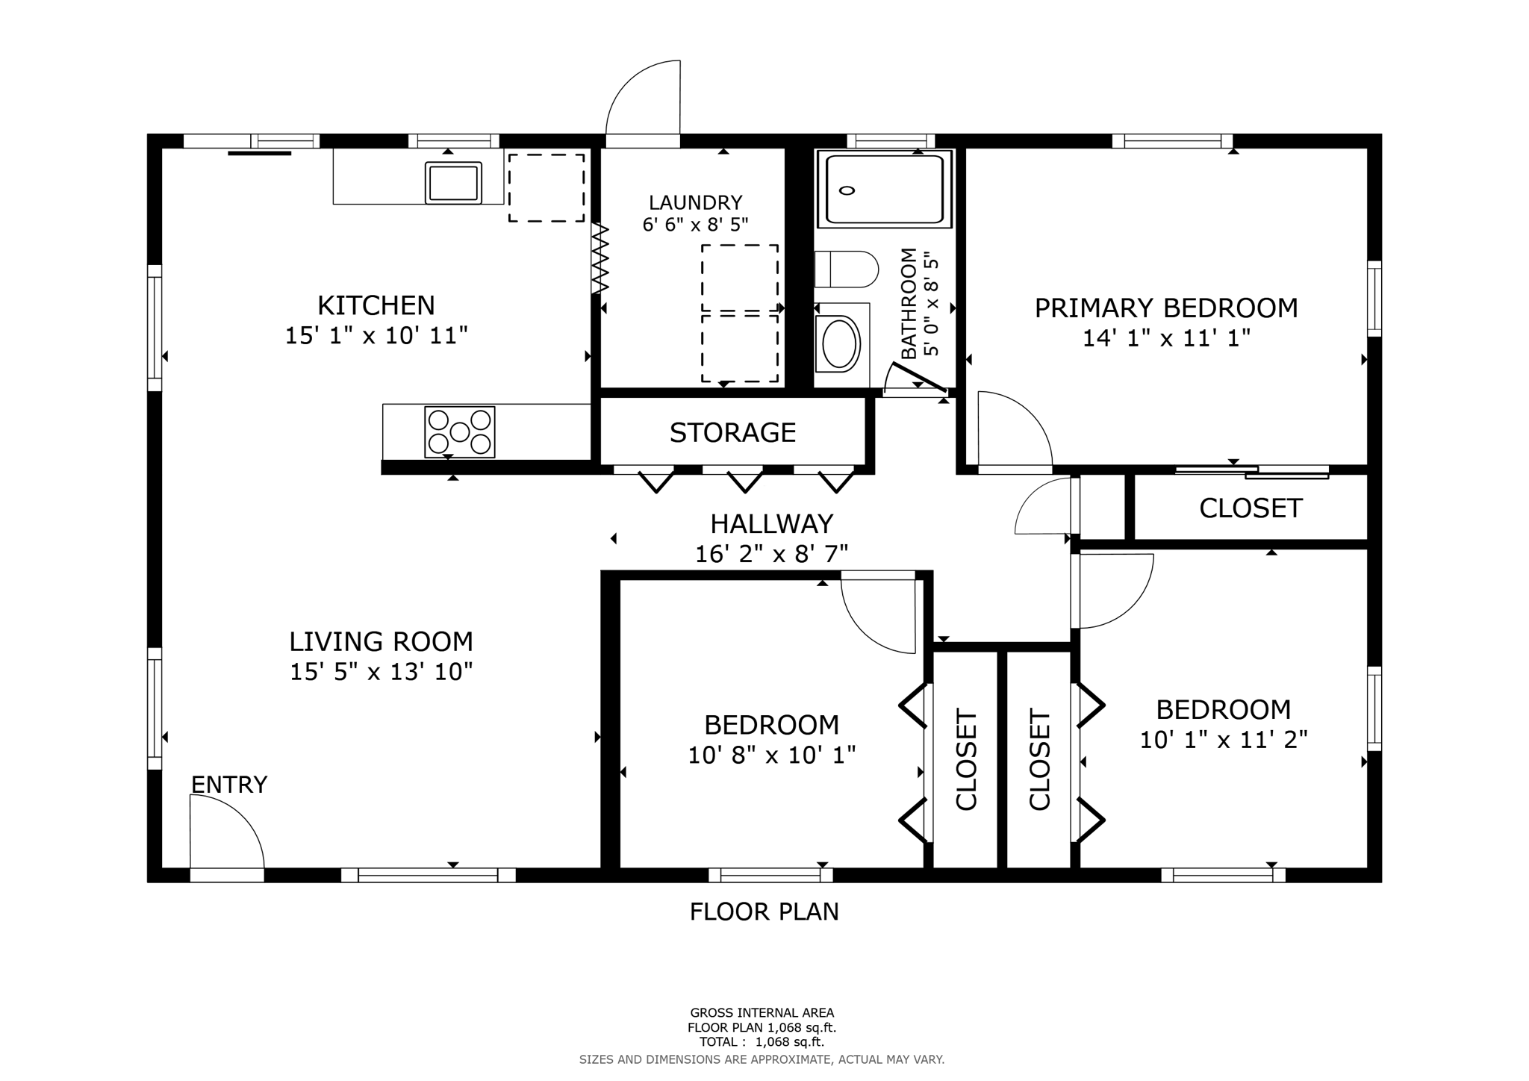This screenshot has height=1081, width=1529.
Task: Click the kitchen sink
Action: pyautogui.click(x=453, y=182)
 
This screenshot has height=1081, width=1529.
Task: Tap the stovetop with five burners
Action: pyautogui.click(x=459, y=432)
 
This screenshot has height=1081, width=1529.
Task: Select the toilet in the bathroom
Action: pyautogui.click(x=846, y=270)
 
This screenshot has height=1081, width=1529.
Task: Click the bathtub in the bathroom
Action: pyautogui.click(x=885, y=189)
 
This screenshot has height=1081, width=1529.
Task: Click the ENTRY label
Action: pyautogui.click(x=229, y=785)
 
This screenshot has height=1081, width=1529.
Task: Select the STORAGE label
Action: pyautogui.click(x=732, y=433)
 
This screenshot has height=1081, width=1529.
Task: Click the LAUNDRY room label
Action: pyautogui.click(x=695, y=203)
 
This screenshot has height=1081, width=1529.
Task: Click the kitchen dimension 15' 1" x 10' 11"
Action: pyautogui.click(x=376, y=336)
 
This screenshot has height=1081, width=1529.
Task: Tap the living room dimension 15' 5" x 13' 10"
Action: pyautogui.click(x=381, y=672)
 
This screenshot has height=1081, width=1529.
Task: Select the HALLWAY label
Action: pyautogui.click(x=771, y=524)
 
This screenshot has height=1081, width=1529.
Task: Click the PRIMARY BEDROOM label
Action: pyautogui.click(x=1165, y=308)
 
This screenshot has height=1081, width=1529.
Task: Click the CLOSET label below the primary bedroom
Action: pyautogui.click(x=1251, y=508)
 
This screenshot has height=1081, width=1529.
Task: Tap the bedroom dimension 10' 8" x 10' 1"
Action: pyautogui.click(x=771, y=756)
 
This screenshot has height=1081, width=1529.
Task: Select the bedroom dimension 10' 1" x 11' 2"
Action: pyautogui.click(x=1223, y=740)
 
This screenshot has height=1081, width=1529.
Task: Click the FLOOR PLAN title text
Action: pyautogui.click(x=764, y=912)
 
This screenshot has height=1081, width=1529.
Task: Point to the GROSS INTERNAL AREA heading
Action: pyautogui.click(x=762, y=1013)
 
